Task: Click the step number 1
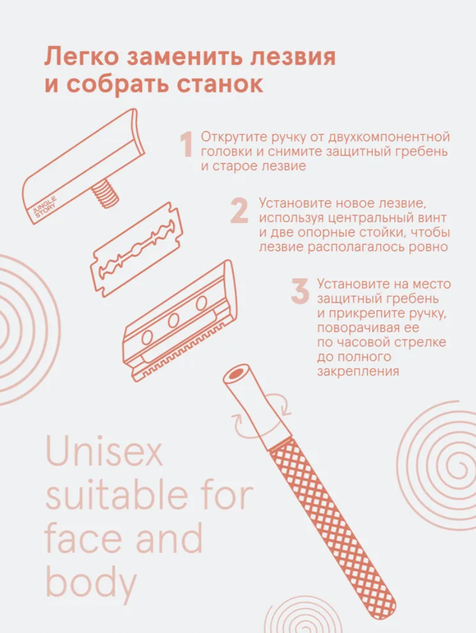click(186, 144)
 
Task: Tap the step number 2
click(239, 210)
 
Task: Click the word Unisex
click(104, 451)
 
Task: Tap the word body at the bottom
click(91, 582)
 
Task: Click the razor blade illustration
click(137, 250)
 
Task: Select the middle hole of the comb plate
click(174, 320)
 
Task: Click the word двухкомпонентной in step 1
click(389, 137)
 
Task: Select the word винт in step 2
click(431, 218)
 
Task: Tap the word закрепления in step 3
click(358, 371)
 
